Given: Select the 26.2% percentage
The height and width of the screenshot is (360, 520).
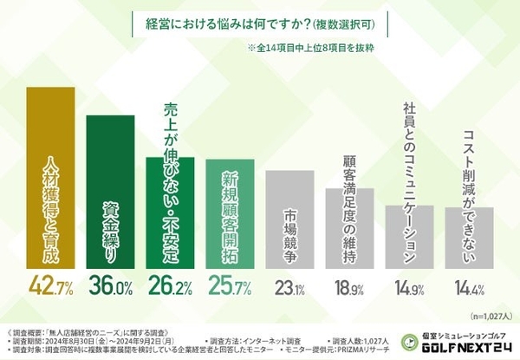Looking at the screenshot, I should [170, 285].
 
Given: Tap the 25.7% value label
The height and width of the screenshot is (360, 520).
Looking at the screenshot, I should [230, 285].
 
